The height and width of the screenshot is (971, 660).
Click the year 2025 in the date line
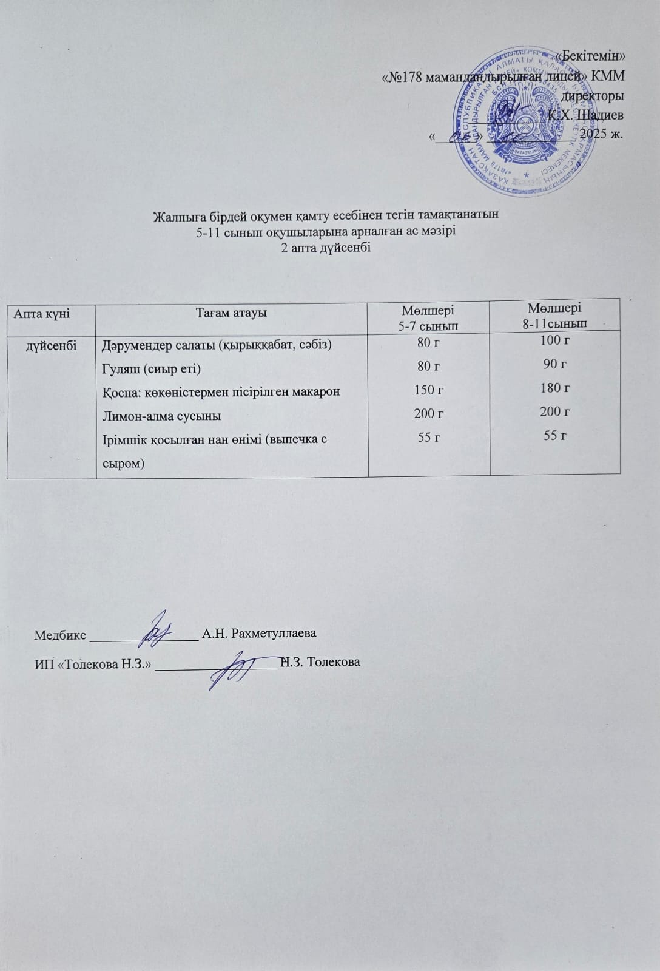(597, 134)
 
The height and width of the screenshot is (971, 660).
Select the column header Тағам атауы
(231, 313)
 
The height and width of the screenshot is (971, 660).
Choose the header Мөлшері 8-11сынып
(554, 316)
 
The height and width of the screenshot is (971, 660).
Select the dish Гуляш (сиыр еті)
(151, 368)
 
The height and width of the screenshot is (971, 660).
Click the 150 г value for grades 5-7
(428, 390)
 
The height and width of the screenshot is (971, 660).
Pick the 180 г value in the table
(554, 387)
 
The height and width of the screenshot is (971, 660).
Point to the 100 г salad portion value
(554, 340)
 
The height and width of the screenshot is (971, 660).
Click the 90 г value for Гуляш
(554, 364)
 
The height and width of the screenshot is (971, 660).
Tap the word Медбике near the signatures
(60, 635)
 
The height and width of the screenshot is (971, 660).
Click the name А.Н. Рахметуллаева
(259, 634)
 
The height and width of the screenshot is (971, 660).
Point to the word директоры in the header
(593, 95)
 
